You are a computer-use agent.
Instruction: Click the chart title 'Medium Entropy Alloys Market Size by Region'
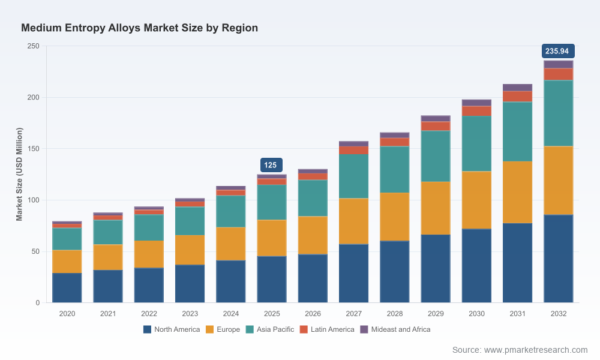[139, 28]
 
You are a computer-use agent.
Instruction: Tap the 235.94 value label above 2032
[558, 51]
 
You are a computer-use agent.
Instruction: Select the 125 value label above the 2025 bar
[271, 165]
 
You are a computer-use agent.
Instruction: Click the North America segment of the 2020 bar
[67, 287]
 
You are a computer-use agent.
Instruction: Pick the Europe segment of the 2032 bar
[558, 181]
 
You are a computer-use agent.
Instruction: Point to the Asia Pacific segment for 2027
[353, 176]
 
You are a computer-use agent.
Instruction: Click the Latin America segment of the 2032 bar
[558, 74]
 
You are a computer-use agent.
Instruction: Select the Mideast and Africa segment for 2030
[476, 103]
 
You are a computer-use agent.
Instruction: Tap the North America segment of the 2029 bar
[436, 269]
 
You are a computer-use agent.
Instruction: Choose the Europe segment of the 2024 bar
[231, 244]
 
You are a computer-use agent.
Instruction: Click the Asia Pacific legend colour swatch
[250, 329]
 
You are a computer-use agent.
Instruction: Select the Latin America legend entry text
[332, 329]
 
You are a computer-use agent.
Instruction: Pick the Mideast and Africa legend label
[401, 329]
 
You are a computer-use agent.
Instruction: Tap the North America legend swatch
[148, 329]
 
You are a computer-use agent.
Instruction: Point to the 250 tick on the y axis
[33, 46]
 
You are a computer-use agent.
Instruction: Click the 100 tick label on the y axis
[33, 200]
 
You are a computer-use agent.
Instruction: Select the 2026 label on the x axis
[313, 314]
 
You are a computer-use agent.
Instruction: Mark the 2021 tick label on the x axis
[108, 314]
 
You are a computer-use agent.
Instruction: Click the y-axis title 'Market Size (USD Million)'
[19, 174]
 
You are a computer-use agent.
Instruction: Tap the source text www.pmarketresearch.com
[536, 350]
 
